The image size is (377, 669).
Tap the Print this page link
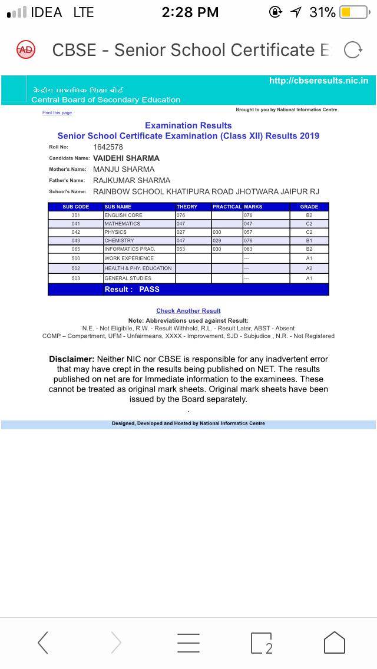pos(57,112)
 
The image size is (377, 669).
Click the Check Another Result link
pos(188,310)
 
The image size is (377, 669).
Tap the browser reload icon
pos(352,51)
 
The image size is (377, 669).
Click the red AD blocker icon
pos(26,50)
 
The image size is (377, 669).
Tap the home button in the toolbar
pos(334,642)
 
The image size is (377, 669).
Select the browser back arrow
pos(43,642)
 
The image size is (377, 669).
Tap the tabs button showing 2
pos(261,643)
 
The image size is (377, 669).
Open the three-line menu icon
pos(188,642)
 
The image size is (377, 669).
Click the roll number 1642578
pos(108,147)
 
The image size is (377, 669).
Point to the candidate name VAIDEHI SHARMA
pos(126,158)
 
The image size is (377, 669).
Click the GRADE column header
pos(309,207)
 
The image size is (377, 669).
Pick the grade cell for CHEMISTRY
pos(309,240)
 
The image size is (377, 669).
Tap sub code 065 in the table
pos(75,249)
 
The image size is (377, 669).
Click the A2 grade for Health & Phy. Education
pos(309,268)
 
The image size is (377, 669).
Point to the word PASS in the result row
pos(149,289)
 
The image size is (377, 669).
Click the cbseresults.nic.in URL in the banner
pos(318,81)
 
